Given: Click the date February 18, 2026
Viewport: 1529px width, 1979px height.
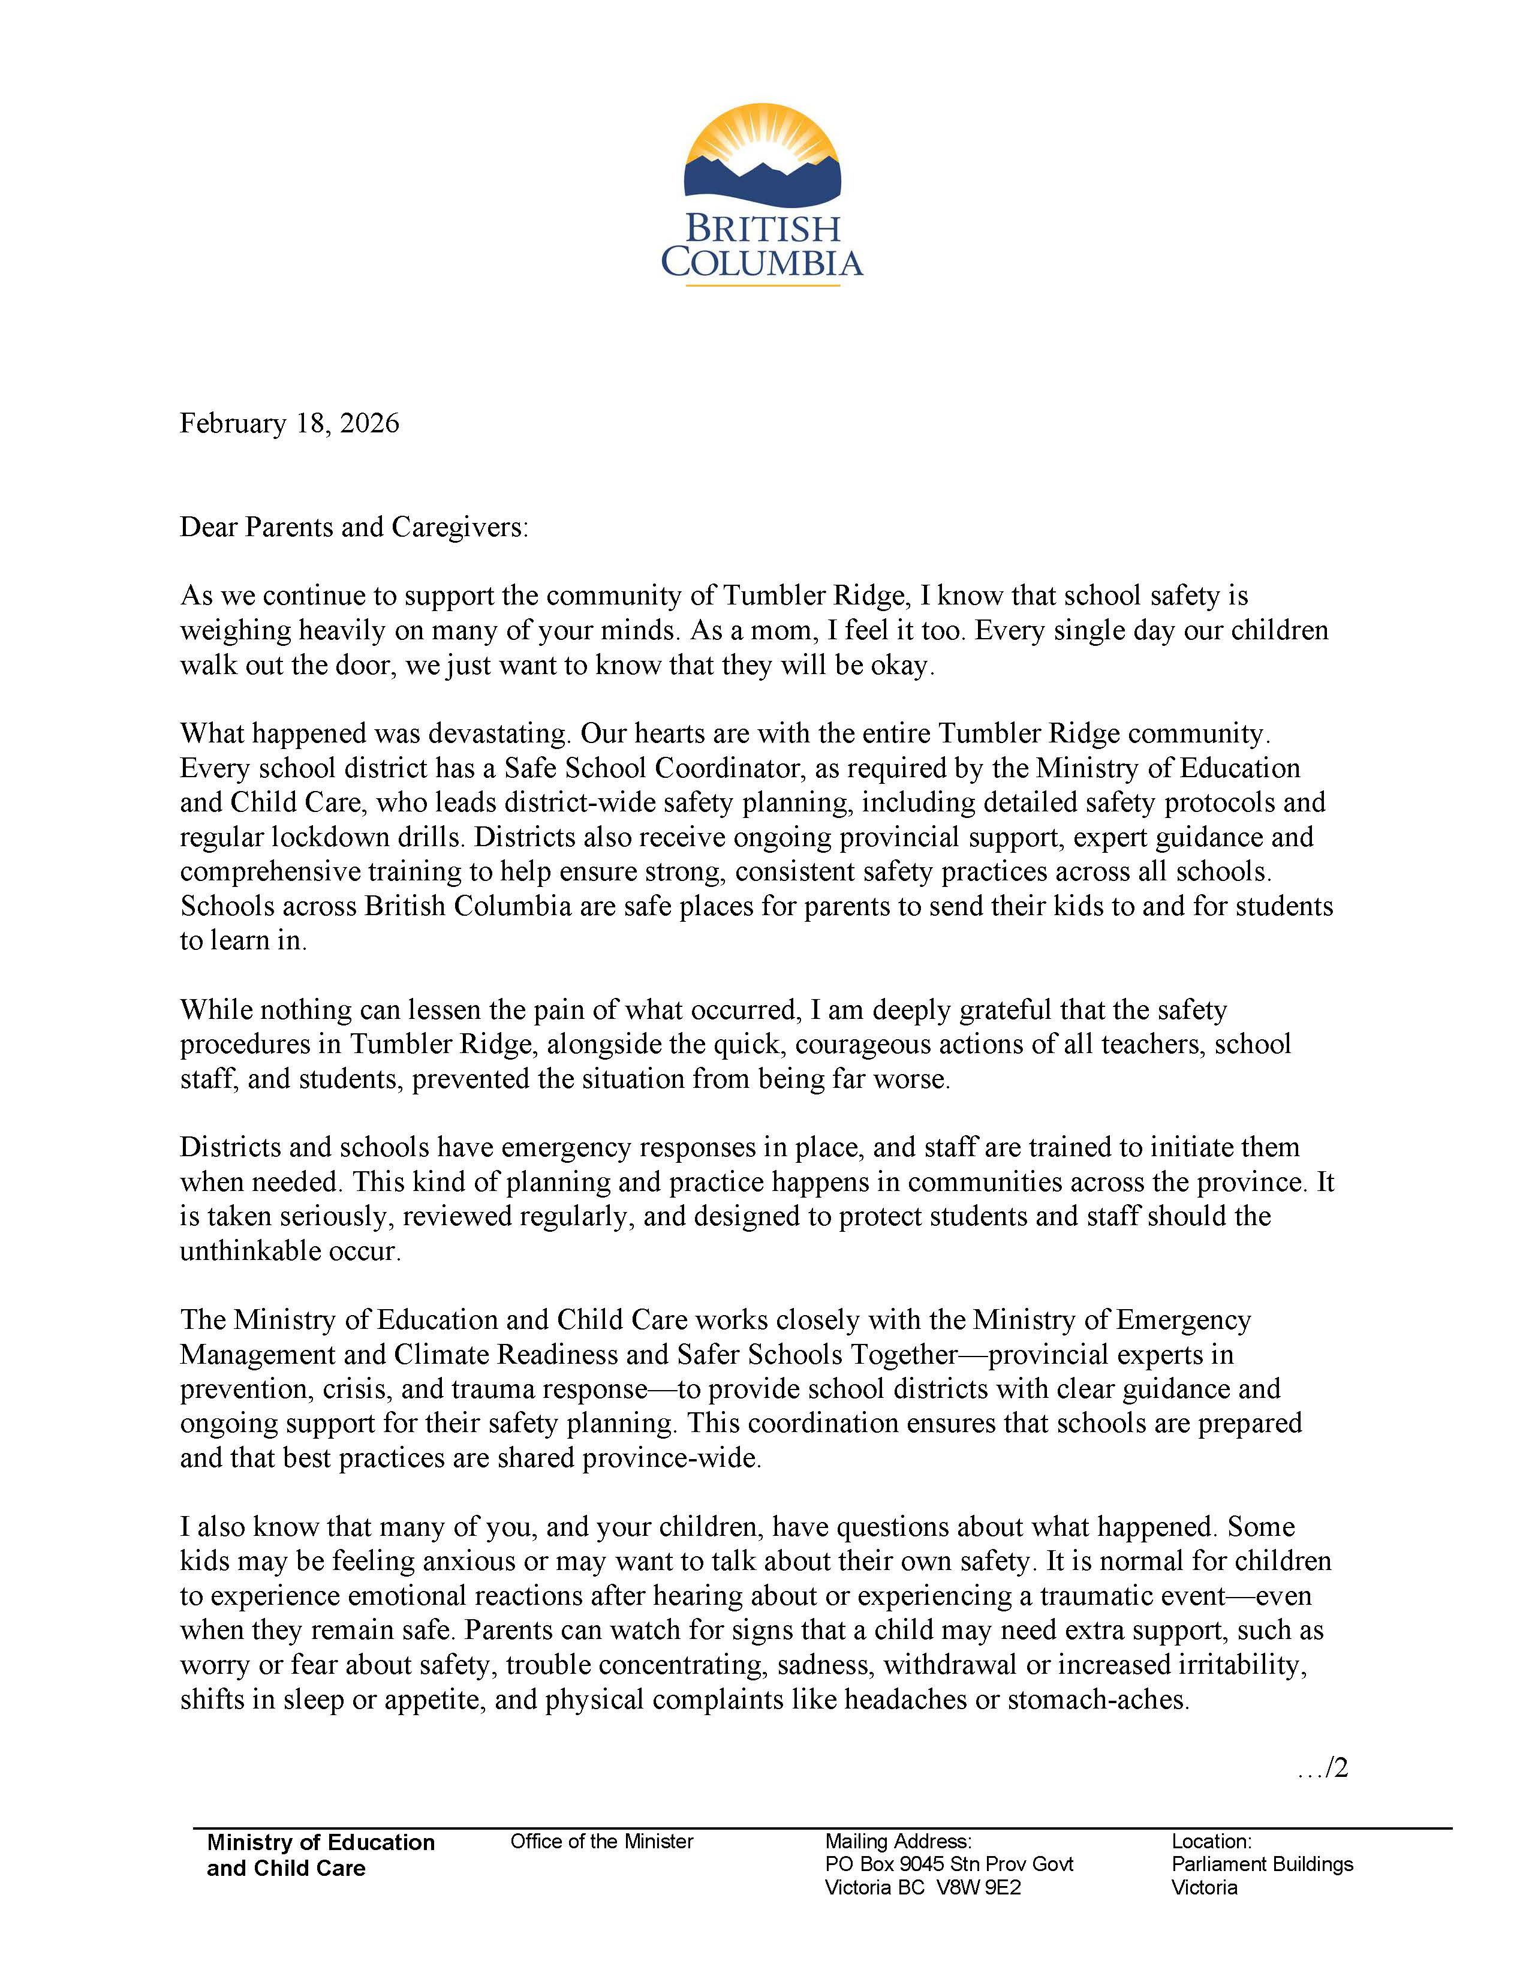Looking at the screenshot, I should (x=289, y=423).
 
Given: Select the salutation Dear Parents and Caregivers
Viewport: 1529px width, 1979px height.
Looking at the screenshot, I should (x=353, y=527).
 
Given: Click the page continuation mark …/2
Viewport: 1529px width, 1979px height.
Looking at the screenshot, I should (x=1323, y=1768).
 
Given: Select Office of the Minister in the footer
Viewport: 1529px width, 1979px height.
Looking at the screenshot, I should (x=601, y=1841).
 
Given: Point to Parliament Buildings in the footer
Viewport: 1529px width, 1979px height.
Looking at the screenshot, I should (x=1262, y=1864).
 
